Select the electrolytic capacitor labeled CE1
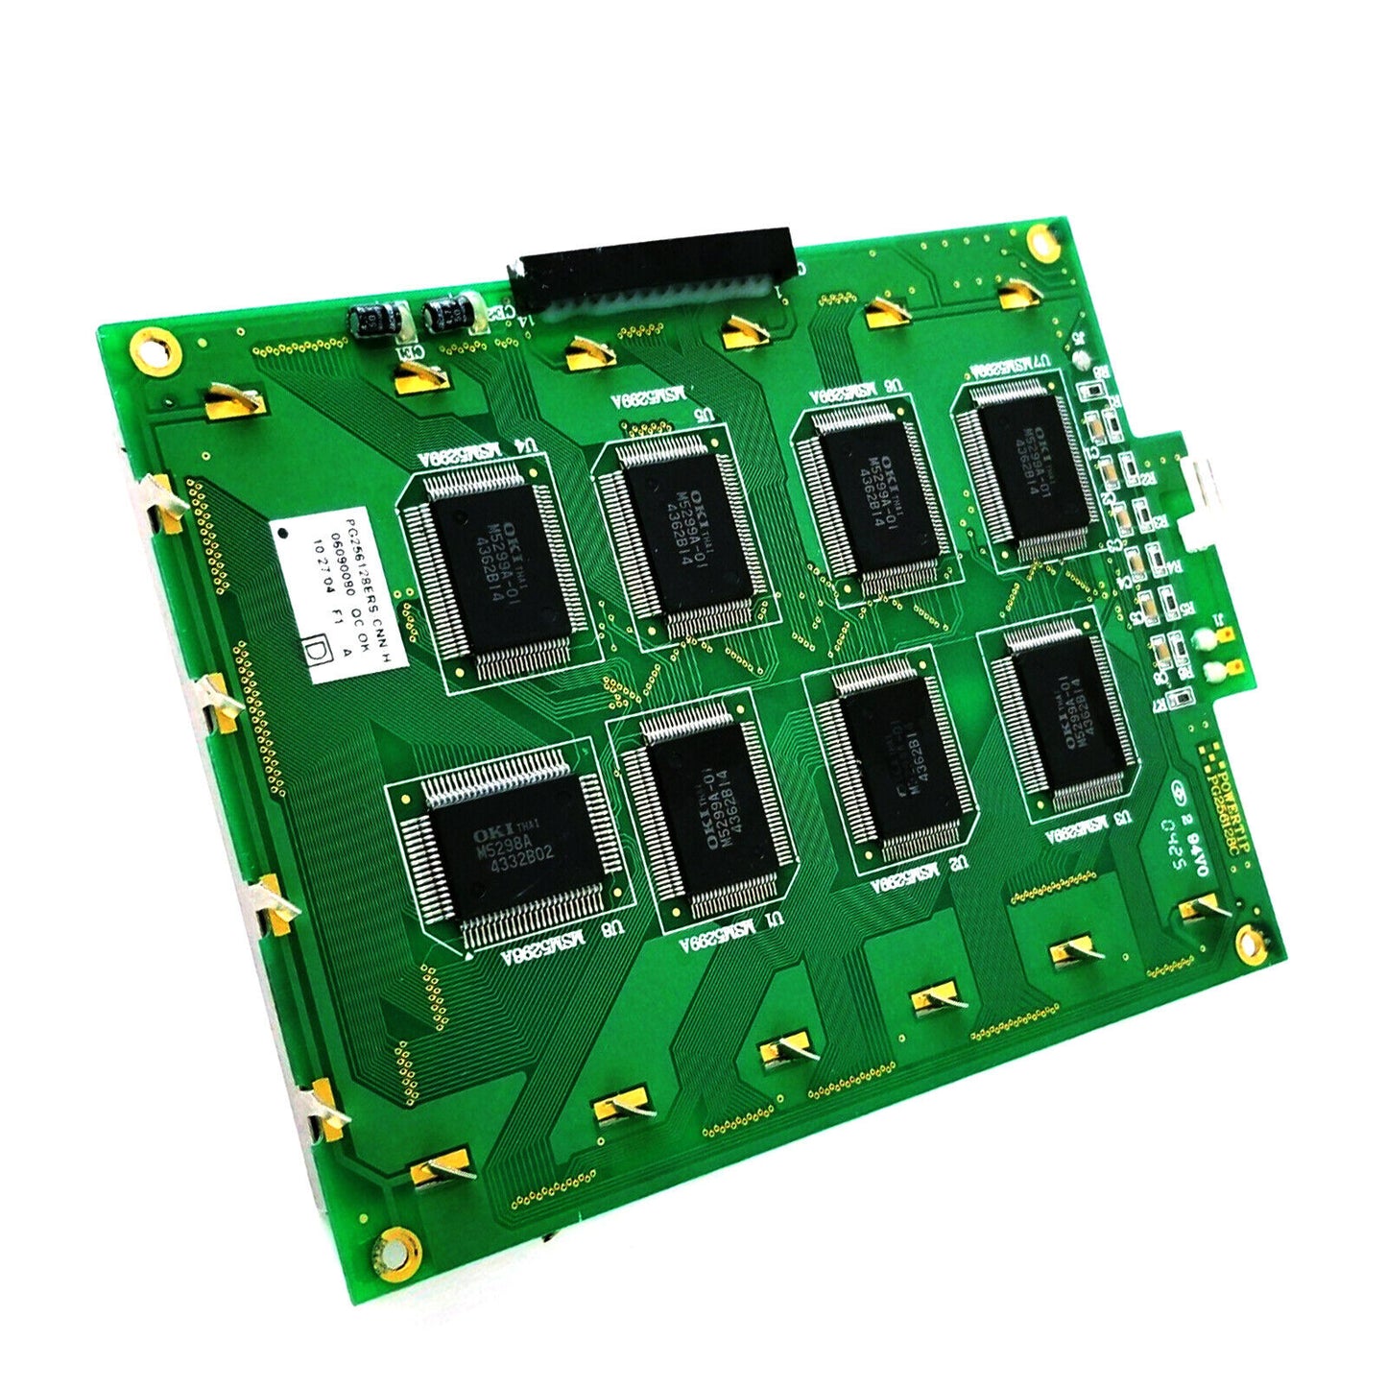(x=370, y=322)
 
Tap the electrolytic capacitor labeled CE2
(x=448, y=312)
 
